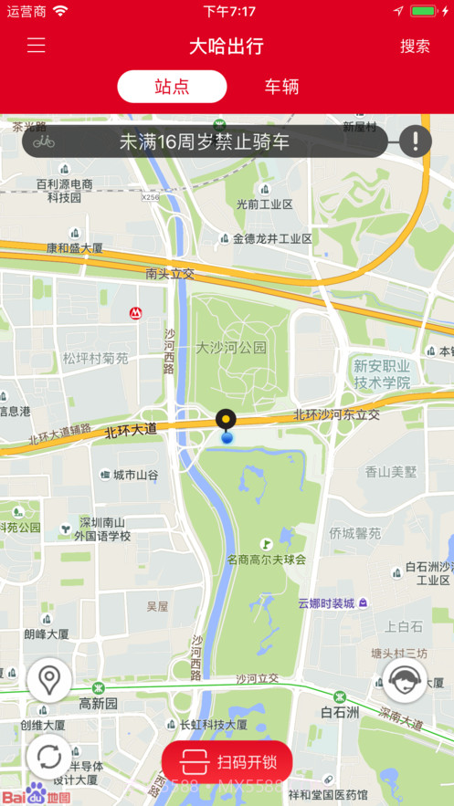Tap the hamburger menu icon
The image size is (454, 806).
[x=36, y=46]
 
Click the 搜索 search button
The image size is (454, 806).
[x=415, y=46]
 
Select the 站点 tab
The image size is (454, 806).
[x=172, y=87]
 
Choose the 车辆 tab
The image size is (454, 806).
[x=281, y=87]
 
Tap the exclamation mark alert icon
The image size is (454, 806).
[x=415, y=141]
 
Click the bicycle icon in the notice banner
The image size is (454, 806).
[x=44, y=141]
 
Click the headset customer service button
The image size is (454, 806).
[x=404, y=680]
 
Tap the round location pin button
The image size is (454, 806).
[x=49, y=680]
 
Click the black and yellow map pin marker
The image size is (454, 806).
[x=226, y=421]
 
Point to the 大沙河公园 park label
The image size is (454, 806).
[x=231, y=348]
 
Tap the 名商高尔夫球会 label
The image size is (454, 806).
[x=267, y=559]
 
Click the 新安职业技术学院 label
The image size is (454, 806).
[x=382, y=374]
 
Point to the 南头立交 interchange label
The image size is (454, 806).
[x=170, y=273]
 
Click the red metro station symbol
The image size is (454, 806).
[x=135, y=313]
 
